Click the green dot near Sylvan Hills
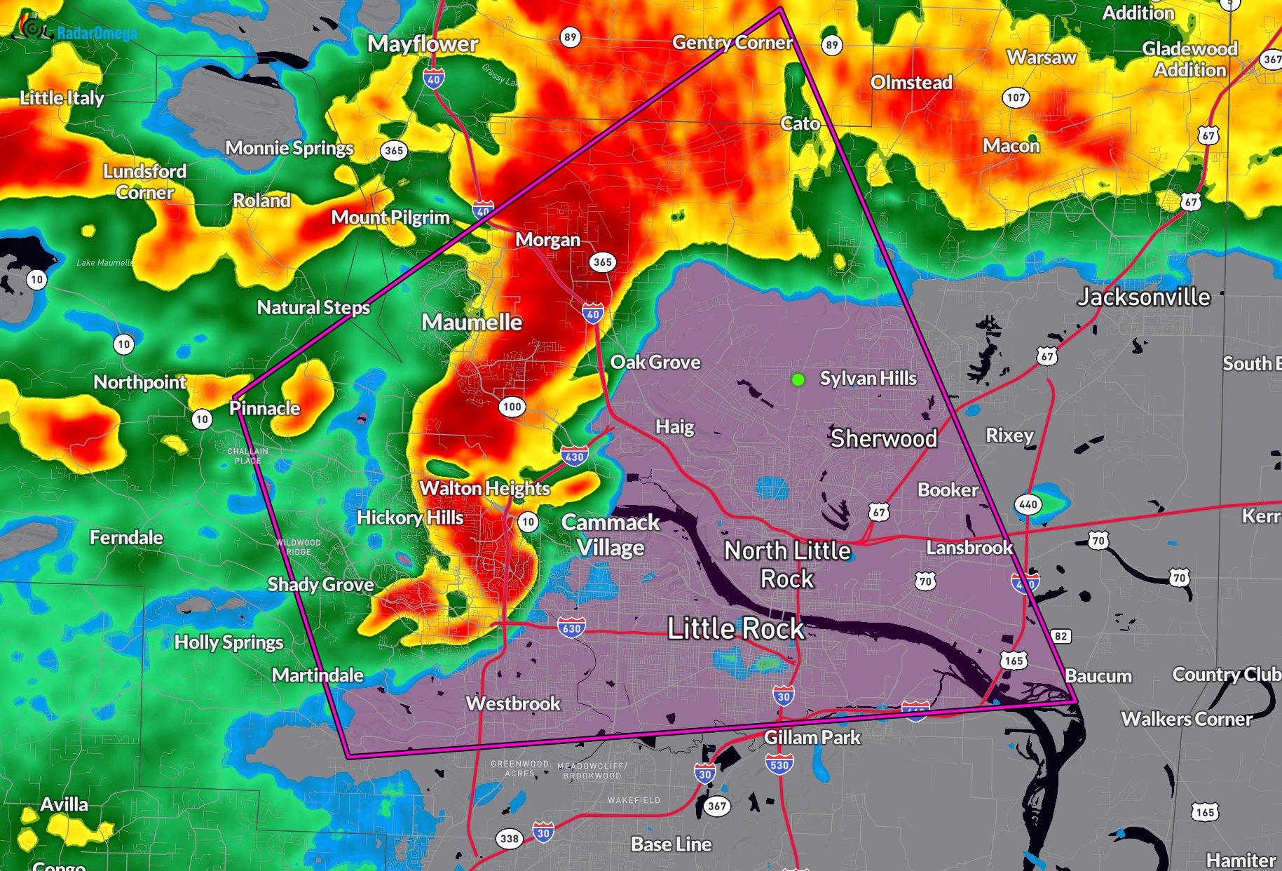pos(798,379)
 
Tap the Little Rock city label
pos(735,628)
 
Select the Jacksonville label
pos(1143,297)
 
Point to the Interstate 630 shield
pos(571,628)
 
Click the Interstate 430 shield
pos(574,457)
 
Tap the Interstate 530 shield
pos(779,764)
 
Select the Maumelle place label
pos(472,323)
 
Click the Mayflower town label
pos(423,44)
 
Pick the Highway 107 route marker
pos(1016,97)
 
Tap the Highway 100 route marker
pos(512,407)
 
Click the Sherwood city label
pos(883,439)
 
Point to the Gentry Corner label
pos(732,43)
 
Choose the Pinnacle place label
pos(265,408)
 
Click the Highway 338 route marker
pos(510,838)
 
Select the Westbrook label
pos(513,703)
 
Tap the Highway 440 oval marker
pos(1028,504)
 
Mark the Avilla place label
pos(64,804)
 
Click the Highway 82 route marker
pos(1061,636)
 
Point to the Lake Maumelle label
pos(104,262)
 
